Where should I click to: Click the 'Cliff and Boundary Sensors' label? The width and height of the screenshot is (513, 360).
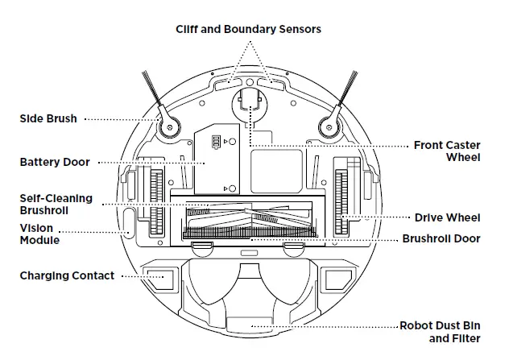tap(249, 29)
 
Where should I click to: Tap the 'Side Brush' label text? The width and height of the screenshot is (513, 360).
tap(48, 118)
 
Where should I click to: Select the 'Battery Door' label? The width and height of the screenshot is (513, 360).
tap(55, 162)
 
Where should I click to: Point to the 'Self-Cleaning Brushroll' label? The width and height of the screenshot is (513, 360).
tap(56, 204)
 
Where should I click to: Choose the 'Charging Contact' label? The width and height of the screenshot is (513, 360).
tap(67, 275)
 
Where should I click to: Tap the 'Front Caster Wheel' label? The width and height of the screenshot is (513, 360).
tap(446, 151)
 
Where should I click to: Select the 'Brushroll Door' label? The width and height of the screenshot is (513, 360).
tap(441, 238)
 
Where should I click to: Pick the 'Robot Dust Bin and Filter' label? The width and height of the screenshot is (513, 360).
tap(440, 332)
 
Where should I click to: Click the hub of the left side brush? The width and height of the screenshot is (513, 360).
tap(170, 125)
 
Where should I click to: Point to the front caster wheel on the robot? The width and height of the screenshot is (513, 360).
tap(249, 105)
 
